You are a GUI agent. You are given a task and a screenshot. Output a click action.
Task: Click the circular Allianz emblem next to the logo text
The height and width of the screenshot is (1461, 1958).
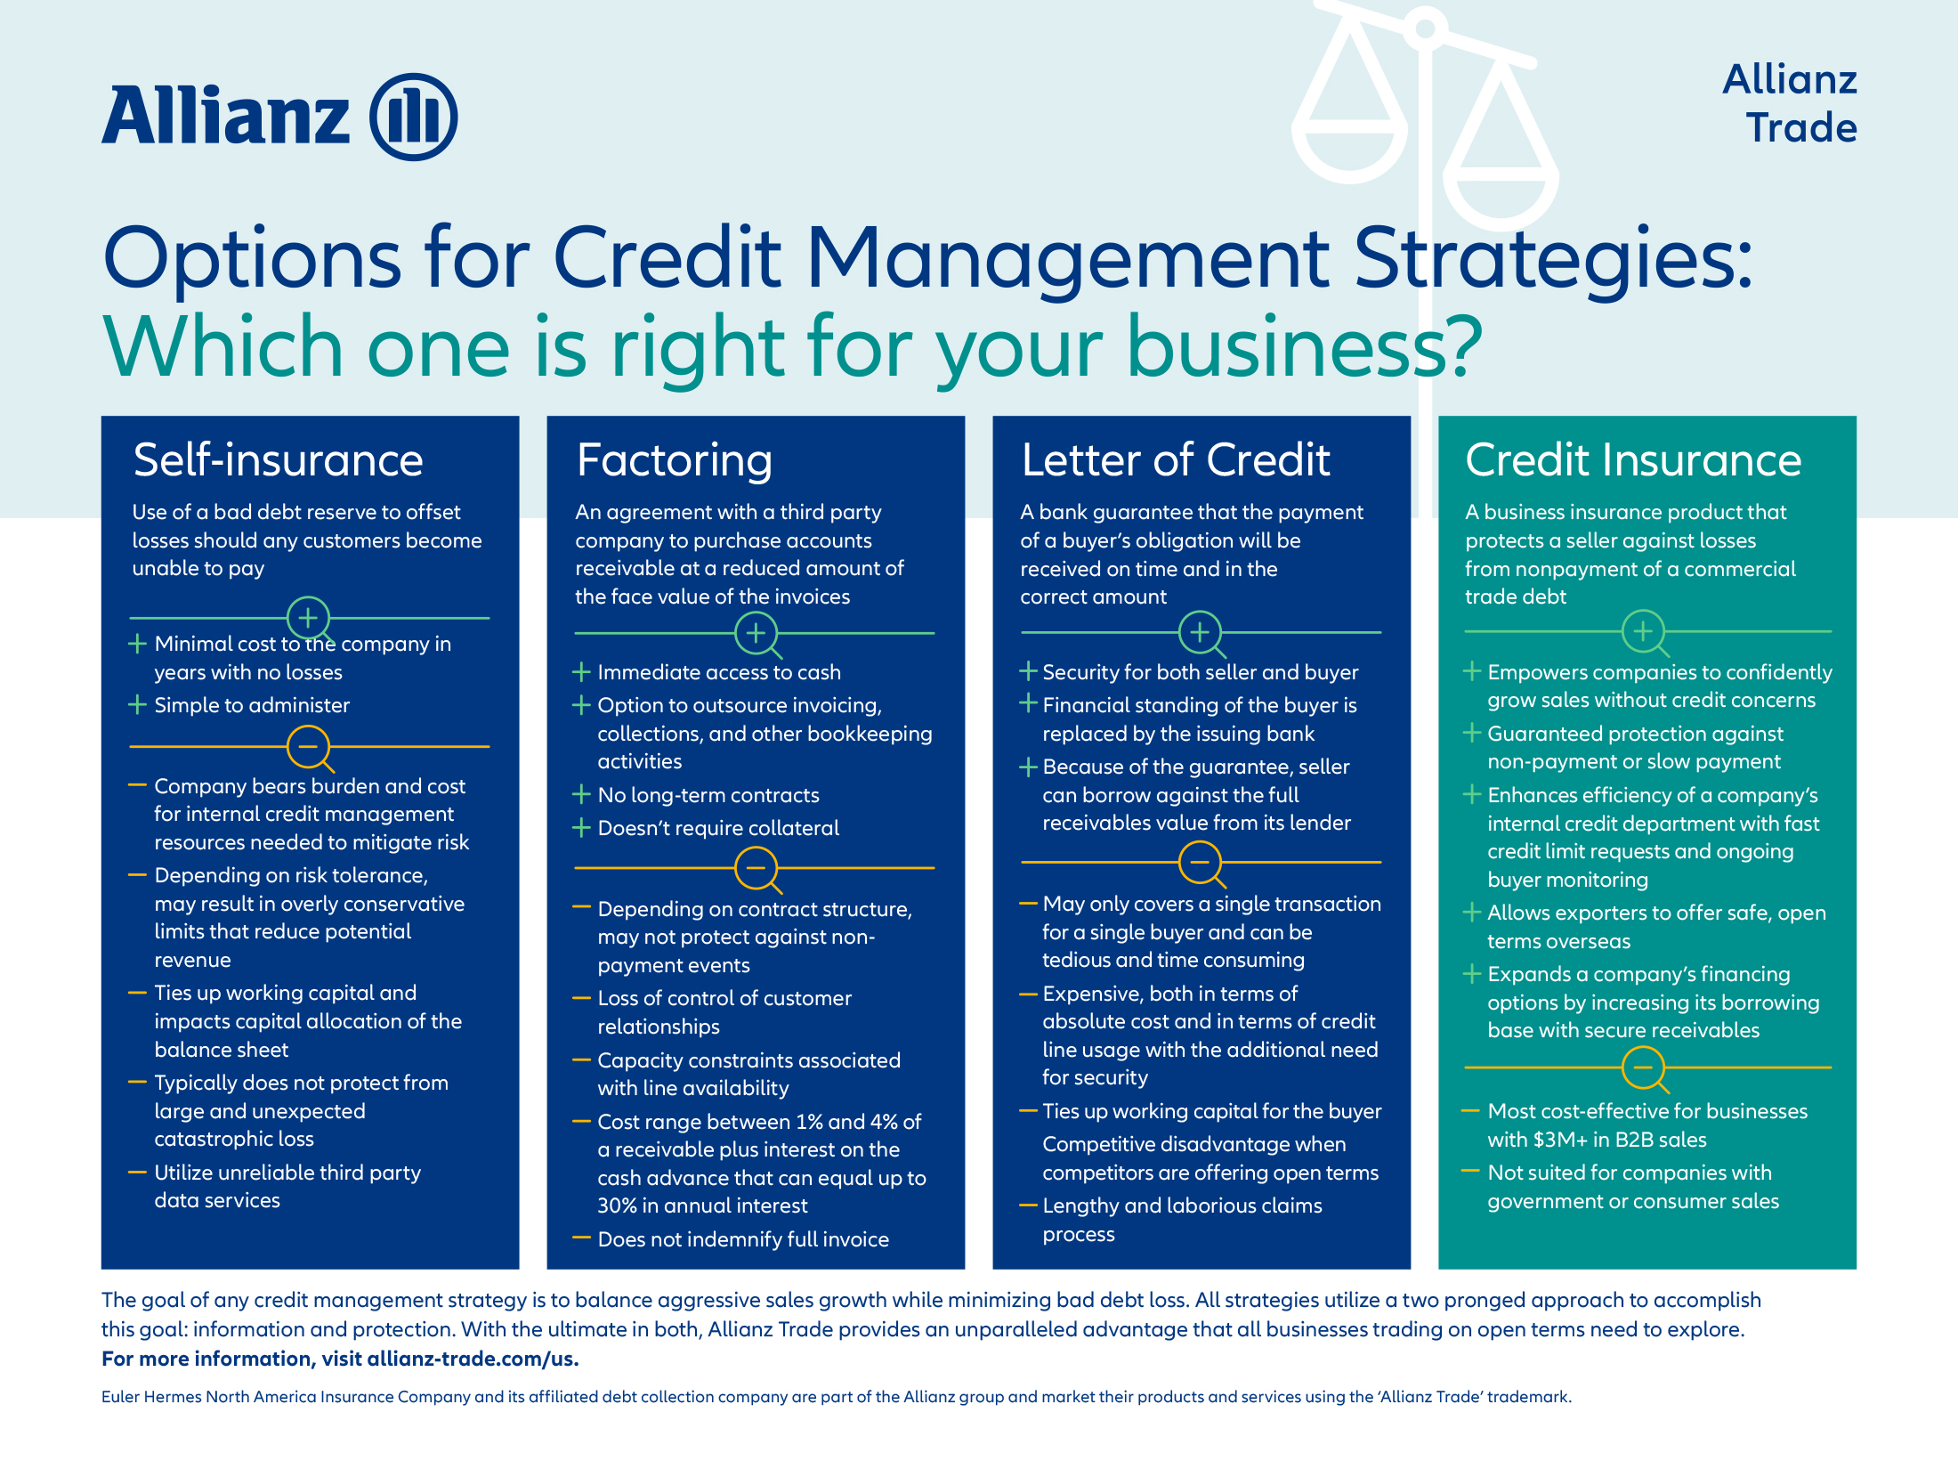(414, 117)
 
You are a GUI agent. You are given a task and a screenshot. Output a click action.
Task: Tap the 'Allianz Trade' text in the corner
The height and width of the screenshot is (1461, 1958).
(1790, 103)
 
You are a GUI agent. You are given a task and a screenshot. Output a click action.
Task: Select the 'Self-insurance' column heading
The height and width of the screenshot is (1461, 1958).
(278, 460)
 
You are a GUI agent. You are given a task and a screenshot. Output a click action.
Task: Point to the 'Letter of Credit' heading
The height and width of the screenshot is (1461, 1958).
(1176, 460)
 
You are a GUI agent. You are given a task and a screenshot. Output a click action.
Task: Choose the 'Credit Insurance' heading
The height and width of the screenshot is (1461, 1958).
(1633, 460)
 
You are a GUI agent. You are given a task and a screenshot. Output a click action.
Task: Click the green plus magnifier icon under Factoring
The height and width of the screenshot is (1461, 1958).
(756, 634)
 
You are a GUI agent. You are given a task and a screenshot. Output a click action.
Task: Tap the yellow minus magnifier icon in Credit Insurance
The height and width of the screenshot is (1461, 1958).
(1645, 1068)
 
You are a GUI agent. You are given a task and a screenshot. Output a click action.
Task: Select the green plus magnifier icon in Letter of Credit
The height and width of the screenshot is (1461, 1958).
(1201, 633)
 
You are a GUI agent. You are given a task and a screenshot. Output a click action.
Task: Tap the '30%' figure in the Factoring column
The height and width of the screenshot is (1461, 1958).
(617, 1205)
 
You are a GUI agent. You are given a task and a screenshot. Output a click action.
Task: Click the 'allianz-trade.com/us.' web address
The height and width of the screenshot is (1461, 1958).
(473, 1359)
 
